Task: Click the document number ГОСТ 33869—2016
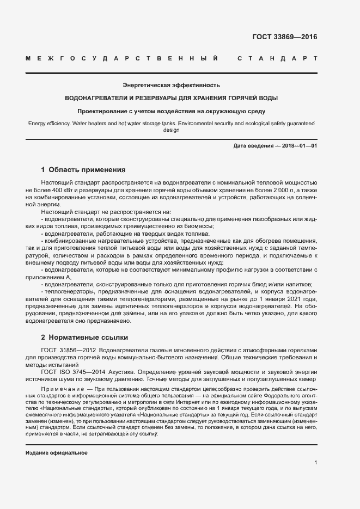(285, 38)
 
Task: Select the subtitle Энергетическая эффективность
(171, 85)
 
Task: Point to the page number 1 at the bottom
(316, 462)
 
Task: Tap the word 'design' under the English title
(171, 131)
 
